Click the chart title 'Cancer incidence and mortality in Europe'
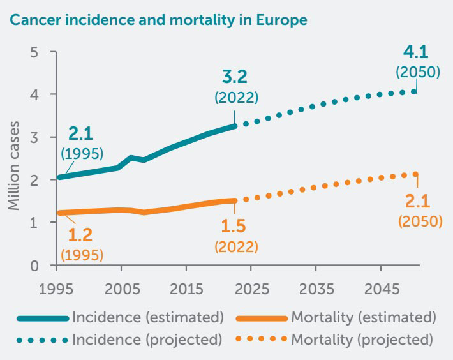click(158, 20)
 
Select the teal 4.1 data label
click(417, 52)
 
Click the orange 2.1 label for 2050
click(418, 202)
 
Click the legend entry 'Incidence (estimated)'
click(148, 317)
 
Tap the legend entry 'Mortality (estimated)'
click(363, 317)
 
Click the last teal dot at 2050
click(415, 91)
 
